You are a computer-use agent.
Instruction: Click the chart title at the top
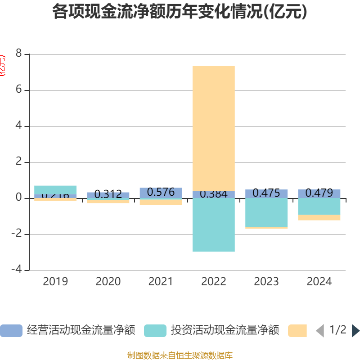tap(180, 12)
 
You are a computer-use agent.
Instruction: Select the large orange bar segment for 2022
tap(214, 128)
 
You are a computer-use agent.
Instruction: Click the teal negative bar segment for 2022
tap(214, 225)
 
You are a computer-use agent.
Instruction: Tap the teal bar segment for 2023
tap(266, 212)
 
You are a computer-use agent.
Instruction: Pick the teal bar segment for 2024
tap(319, 207)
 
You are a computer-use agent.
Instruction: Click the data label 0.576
tap(161, 192)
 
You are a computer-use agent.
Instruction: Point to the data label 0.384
tap(214, 194)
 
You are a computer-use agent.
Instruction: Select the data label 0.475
tap(266, 193)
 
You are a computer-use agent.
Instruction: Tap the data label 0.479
tap(319, 193)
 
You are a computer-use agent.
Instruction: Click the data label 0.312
tap(108, 195)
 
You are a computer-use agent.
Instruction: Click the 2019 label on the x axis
tap(55, 282)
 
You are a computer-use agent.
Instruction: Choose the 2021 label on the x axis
tap(161, 282)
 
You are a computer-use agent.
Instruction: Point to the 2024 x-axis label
tap(319, 282)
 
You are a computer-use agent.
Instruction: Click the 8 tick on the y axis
tap(18, 54)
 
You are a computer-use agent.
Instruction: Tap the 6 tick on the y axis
tap(18, 90)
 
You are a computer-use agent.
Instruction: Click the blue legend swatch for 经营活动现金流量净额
tap(11, 330)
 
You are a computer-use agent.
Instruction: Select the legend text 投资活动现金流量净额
tap(225, 330)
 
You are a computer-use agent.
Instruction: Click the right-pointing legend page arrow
tap(355, 330)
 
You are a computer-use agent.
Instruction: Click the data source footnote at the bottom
tap(180, 355)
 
